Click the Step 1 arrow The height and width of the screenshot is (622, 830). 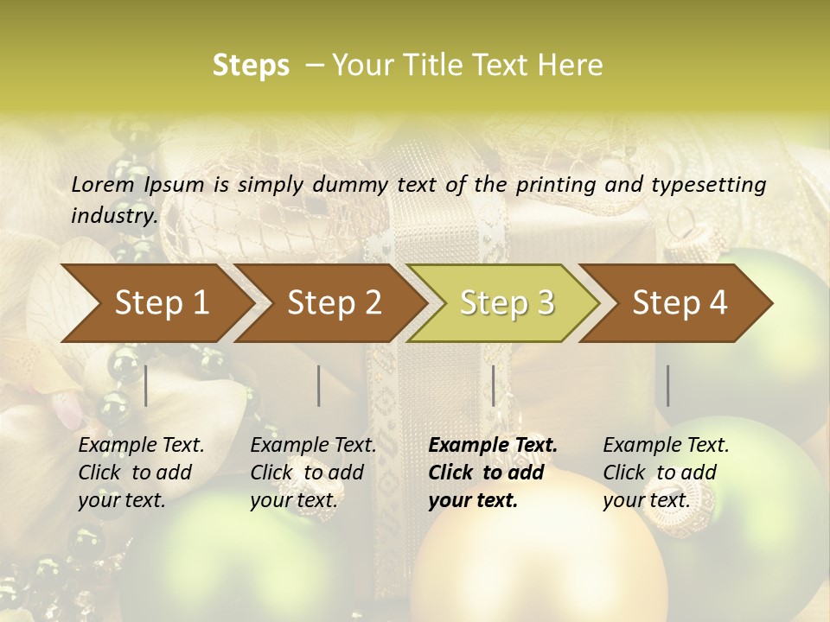[162, 302]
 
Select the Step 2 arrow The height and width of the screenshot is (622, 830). [335, 302]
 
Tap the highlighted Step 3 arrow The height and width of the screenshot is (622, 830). [507, 302]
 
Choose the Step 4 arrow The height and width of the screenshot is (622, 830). [680, 302]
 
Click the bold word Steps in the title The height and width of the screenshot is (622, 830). [251, 66]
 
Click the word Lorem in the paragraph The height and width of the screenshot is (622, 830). [103, 184]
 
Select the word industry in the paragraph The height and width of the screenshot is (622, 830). [114, 216]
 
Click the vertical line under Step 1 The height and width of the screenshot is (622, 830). [145, 385]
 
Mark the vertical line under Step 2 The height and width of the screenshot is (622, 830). [319, 385]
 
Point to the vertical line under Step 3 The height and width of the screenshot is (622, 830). [493, 385]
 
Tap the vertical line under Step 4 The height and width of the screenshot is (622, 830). [667, 385]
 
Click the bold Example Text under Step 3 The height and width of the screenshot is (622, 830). [493, 446]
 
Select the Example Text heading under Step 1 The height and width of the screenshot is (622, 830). [141, 446]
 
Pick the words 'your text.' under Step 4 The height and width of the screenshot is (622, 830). [646, 500]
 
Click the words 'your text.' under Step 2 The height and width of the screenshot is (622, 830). [293, 500]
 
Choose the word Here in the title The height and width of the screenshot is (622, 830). [571, 66]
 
